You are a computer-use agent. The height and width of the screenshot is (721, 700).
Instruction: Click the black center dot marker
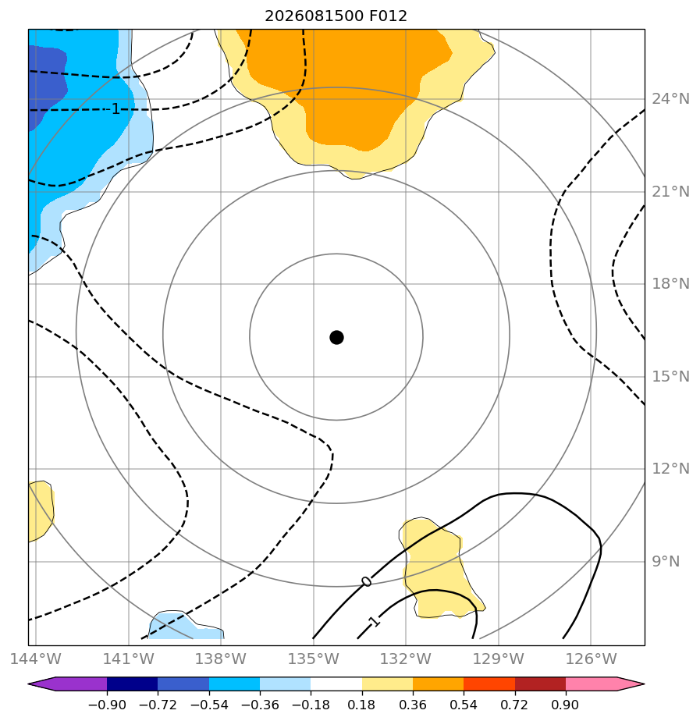[x=336, y=337]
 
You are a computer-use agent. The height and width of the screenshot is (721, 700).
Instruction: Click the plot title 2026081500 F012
[x=336, y=16]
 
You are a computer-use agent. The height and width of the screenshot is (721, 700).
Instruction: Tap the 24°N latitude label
[x=670, y=99]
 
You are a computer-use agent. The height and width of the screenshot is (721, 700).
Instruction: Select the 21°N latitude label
[x=670, y=191]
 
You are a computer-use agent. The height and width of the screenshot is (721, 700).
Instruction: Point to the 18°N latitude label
[x=670, y=284]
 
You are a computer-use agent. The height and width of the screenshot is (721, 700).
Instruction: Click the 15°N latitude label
[x=670, y=377]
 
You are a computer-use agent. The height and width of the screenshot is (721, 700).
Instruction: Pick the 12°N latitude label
[x=670, y=468]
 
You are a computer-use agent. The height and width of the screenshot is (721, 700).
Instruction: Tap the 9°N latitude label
[x=666, y=562]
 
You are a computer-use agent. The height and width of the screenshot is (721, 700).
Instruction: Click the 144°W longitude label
[x=35, y=659]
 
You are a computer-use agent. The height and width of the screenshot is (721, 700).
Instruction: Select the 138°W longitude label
[x=221, y=659]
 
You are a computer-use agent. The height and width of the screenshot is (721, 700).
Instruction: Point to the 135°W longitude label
[x=313, y=659]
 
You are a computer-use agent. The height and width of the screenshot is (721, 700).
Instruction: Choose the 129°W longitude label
[x=499, y=659]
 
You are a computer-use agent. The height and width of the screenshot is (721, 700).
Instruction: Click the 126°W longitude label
[x=591, y=659]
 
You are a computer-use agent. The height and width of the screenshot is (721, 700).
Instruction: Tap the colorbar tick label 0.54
[x=463, y=705]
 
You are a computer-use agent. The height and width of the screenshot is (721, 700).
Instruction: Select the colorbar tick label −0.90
[x=107, y=705]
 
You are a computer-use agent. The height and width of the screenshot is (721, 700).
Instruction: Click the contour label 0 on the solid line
[x=366, y=581]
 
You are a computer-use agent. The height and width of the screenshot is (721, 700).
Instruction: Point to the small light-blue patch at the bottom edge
[x=187, y=626]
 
